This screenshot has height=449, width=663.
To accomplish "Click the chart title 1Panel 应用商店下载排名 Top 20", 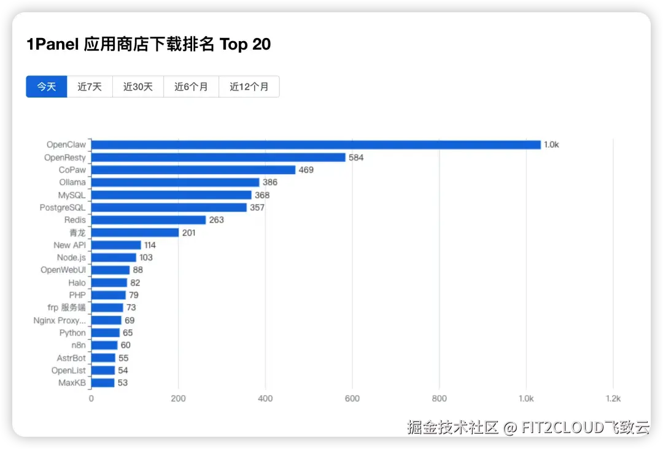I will coord(149,44).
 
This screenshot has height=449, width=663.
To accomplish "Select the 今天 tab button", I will coord(47,86).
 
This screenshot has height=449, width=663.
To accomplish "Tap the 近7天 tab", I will coord(90,86).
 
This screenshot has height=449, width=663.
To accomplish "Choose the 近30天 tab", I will coord(138,86).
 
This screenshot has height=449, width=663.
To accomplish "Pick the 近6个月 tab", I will coord(191,86).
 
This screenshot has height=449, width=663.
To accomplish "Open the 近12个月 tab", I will coord(249,86).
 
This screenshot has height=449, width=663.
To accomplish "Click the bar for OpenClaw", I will coord(316,145).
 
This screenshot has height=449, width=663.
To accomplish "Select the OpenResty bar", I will coord(218,158).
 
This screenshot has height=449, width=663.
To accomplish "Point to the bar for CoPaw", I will coord(193,170).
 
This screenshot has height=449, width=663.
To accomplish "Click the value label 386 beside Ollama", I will coord(270,182).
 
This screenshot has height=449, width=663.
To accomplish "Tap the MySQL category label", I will coord(72,195).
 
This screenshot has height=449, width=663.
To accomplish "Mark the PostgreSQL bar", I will coord(169,207).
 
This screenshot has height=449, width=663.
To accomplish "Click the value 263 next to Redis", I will coord(216,220).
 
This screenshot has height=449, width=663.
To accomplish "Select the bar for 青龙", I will coord(134,232).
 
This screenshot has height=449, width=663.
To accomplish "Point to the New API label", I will coord(69,245).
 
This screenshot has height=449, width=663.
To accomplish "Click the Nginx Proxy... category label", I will coord(60,320).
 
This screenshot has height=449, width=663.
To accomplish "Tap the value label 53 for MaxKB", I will coord(123,383).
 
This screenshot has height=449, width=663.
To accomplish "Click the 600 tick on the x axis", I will coord(352,399).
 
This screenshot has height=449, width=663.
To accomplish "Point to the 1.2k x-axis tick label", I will coord(613,399).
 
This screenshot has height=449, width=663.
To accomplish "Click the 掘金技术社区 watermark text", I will coord(453,428).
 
